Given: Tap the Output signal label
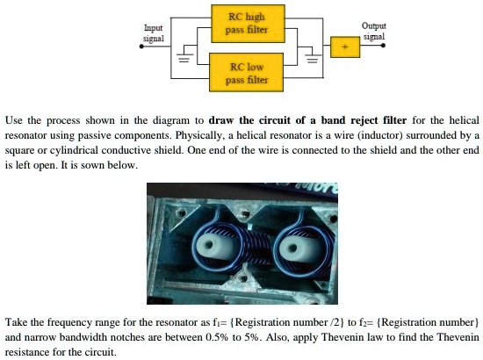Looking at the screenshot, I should point(374,31).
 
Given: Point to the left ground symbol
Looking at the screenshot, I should point(185,61).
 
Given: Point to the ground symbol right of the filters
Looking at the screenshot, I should point(309,61).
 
